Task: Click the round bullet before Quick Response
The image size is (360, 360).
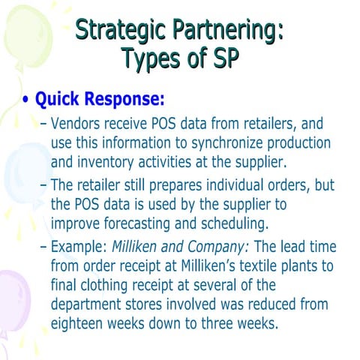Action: (27, 100)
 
